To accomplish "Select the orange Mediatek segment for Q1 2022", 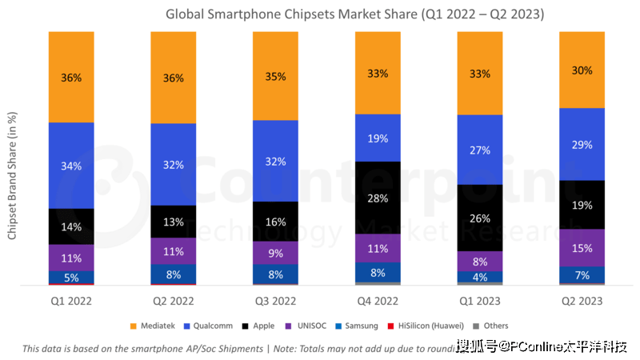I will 71,77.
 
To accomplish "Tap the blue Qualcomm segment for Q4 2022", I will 378,138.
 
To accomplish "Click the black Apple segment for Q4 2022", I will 378,198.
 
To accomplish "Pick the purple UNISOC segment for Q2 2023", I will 582,248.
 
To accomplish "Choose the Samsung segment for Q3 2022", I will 275,274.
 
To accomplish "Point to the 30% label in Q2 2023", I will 582,70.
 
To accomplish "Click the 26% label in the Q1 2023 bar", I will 480,218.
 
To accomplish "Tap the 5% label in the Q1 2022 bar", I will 71,278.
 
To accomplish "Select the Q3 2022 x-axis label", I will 275,302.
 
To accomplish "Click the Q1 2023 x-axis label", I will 480,302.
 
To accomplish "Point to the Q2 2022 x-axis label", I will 174,302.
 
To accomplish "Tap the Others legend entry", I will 494,326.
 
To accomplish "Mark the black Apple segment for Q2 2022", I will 174,222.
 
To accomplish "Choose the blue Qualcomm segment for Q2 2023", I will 582,144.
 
